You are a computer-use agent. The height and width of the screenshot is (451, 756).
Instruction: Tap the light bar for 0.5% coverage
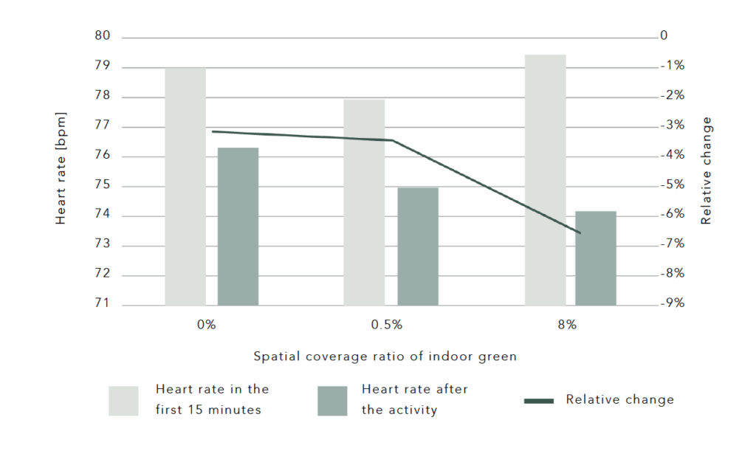(365, 202)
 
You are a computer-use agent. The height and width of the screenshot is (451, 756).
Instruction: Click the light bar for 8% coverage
(545, 179)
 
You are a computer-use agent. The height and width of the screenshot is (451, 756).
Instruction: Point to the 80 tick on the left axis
(103, 36)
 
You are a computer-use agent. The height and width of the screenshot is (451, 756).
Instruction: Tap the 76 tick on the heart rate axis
(103, 155)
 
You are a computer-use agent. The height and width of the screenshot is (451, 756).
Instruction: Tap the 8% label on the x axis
(567, 325)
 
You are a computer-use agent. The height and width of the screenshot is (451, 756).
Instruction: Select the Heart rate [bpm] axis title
(61, 168)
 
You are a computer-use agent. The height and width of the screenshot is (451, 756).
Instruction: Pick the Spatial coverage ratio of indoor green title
(385, 356)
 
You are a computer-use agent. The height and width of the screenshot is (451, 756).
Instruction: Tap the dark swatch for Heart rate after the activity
(332, 400)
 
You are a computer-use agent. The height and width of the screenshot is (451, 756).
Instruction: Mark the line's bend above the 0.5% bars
(392, 140)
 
